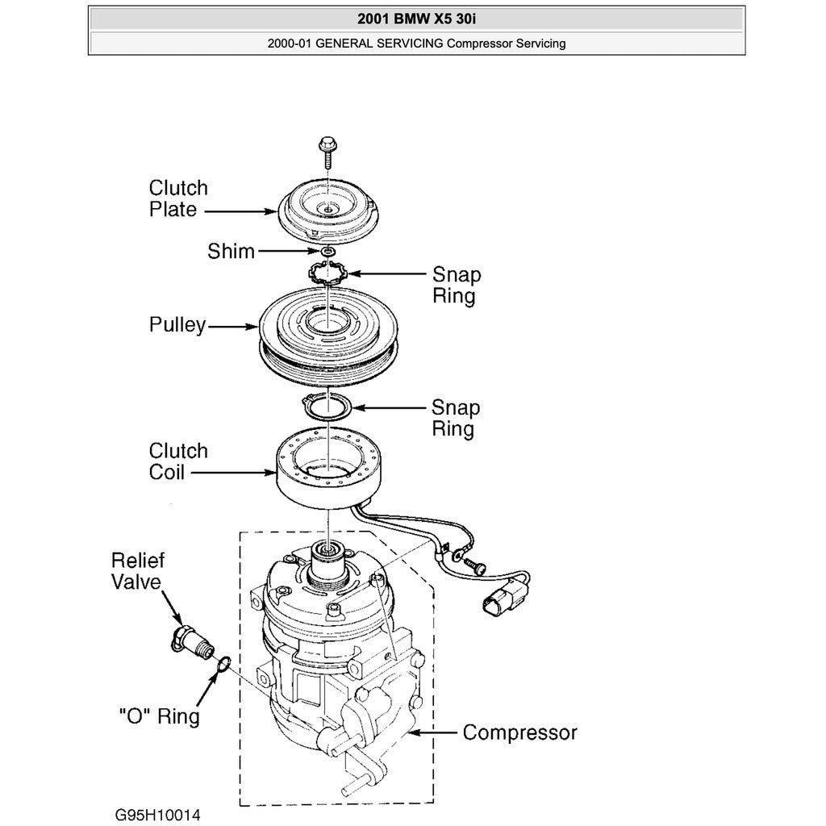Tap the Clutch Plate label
click(x=177, y=198)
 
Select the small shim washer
click(x=327, y=254)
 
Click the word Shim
click(x=231, y=252)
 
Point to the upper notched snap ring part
click(x=327, y=275)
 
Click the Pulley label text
click(x=177, y=325)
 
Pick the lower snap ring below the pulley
click(x=327, y=407)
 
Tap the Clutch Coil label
click(x=177, y=461)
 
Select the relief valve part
click(x=191, y=640)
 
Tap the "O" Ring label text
click(x=158, y=715)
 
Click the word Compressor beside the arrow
click(x=519, y=732)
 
